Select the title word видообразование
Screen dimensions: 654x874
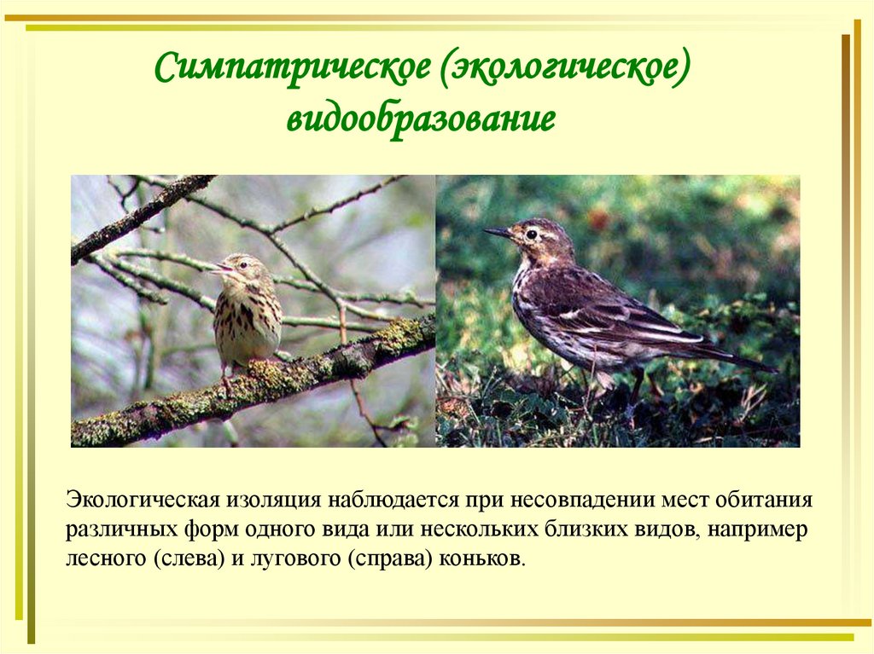tap(421, 119)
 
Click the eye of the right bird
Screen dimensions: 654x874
tap(532, 234)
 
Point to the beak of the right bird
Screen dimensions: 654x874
tap(498, 232)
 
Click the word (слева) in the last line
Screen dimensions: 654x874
tap(190, 559)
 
